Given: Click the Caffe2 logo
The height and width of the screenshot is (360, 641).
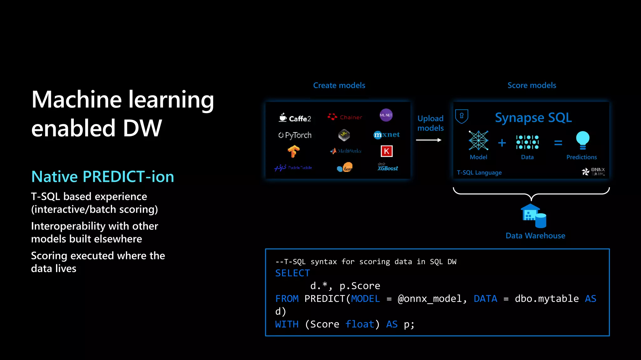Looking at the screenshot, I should click(295, 118).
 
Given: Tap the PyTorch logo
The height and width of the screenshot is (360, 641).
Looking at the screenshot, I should click(295, 135).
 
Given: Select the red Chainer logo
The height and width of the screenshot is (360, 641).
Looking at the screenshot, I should click(345, 117).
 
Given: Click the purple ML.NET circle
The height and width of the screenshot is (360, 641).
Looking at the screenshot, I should click(386, 115).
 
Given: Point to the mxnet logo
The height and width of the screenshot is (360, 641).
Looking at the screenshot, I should click(387, 135).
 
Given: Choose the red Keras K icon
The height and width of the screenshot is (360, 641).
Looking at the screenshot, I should click(387, 151).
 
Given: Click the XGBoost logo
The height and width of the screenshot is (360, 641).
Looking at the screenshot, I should click(387, 167).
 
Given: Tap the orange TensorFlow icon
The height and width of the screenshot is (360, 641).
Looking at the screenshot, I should click(294, 152).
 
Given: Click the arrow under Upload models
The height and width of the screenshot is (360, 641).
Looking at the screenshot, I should click(428, 140).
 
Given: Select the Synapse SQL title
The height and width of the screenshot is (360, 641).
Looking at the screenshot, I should click(533, 118).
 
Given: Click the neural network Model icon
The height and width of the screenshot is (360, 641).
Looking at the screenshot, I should click(478, 140).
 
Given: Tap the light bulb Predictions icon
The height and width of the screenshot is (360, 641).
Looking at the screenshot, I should click(582, 140).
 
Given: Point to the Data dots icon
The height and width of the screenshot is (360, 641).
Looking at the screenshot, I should click(527, 142).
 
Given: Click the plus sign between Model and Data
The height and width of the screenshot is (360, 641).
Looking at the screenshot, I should click(502, 143).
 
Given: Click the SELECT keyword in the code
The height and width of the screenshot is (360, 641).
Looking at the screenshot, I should click(292, 273).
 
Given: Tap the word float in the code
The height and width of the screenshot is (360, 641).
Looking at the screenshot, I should click(360, 324).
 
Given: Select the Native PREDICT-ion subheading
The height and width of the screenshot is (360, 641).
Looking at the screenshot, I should click(103, 177).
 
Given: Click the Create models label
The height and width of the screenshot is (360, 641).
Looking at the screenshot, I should click(339, 85).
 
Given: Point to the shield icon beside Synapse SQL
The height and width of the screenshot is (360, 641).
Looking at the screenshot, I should click(462, 116).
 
